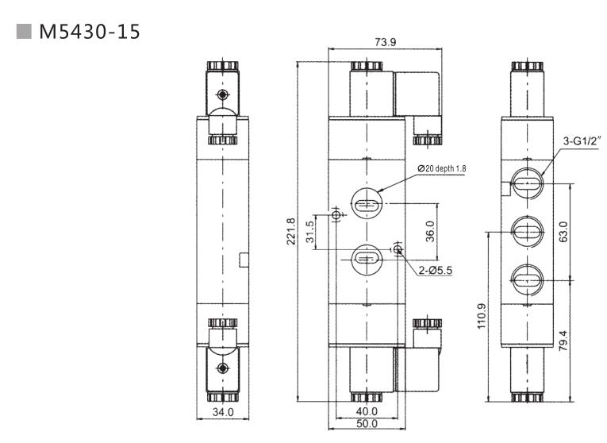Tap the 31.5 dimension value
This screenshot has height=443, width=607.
311,232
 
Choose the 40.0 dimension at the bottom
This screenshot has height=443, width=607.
366,411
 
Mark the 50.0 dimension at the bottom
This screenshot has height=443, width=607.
366,425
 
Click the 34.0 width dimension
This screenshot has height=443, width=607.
224,412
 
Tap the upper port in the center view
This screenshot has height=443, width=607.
365,205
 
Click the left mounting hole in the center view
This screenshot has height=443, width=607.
336,216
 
